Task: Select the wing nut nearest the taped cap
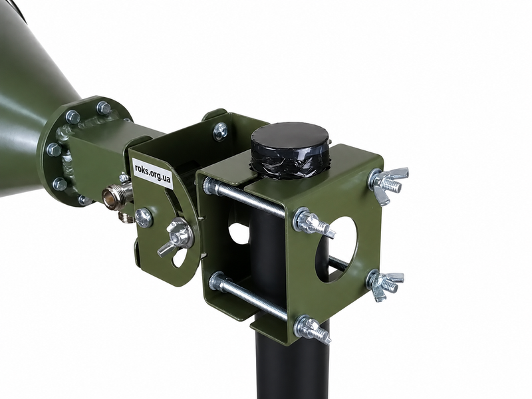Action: pyautogui.click(x=389, y=184)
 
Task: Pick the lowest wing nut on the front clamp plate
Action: pyautogui.click(x=312, y=329)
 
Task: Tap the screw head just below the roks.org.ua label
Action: pyautogui.click(x=144, y=217)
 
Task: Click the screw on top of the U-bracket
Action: pyautogui.click(x=221, y=131)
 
